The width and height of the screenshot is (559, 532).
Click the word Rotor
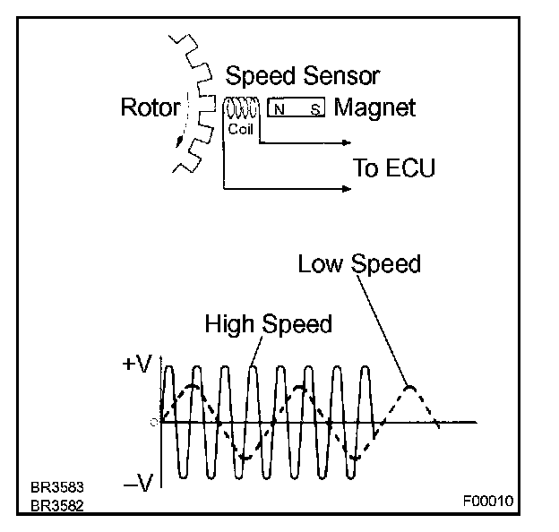(x=150, y=108)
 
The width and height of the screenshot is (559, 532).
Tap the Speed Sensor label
(x=303, y=75)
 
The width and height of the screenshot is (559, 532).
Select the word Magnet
(x=374, y=108)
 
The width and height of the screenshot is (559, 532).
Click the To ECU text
(x=395, y=167)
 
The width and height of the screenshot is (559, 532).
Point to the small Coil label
(x=241, y=129)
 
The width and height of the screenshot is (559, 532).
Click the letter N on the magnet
(x=279, y=109)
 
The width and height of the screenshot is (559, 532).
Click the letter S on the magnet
(x=314, y=109)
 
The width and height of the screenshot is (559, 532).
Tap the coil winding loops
(x=241, y=107)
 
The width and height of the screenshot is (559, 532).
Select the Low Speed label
(x=359, y=264)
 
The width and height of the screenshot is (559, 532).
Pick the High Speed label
(x=268, y=323)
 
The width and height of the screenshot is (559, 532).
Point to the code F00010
(x=489, y=500)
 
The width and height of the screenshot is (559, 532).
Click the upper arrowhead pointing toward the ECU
(x=345, y=142)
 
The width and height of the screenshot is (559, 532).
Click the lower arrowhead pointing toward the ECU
(x=345, y=188)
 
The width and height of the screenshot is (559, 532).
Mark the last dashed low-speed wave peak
(x=409, y=387)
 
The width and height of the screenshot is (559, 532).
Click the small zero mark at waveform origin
(x=155, y=421)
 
